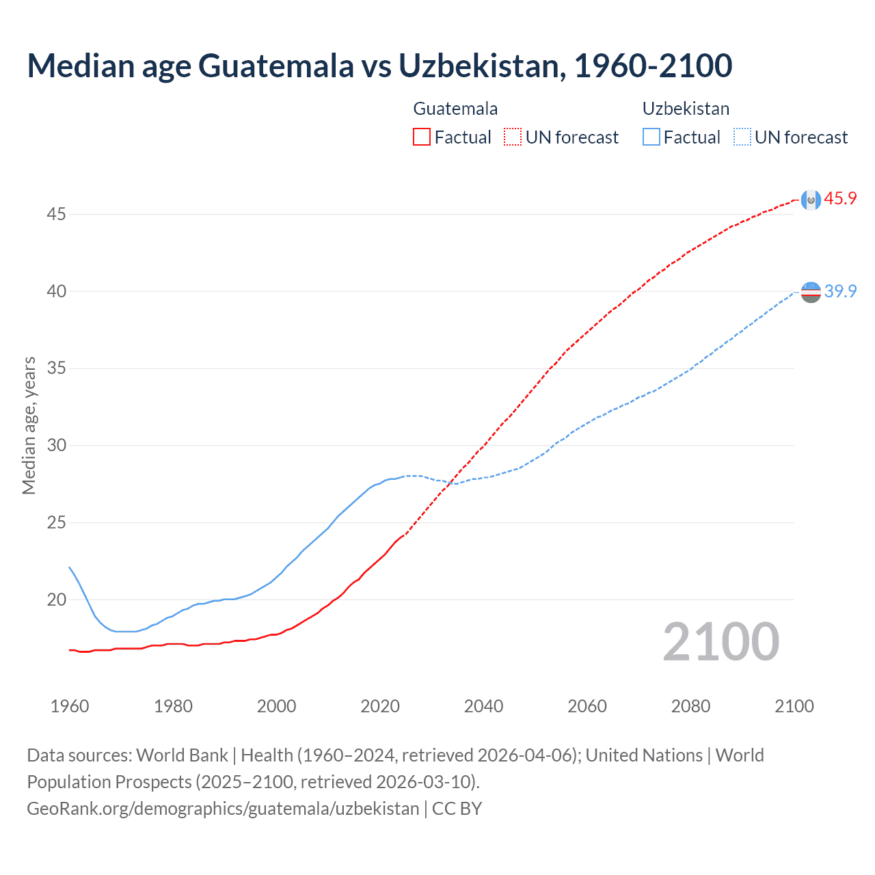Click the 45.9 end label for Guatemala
[x=840, y=199]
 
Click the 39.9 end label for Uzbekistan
[x=840, y=291]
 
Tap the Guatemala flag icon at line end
[x=811, y=200]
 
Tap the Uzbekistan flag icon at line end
[x=811, y=292]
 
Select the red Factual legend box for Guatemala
[x=422, y=137]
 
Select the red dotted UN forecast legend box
[x=513, y=137]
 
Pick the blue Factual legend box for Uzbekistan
[x=651, y=137]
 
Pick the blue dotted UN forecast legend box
[x=742, y=137]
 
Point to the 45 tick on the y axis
[x=56, y=215]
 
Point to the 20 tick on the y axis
[x=56, y=600]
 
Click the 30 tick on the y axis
[x=56, y=446]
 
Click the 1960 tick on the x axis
[x=70, y=706]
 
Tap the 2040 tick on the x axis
[x=483, y=706]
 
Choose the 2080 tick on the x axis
[x=690, y=706]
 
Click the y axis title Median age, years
[x=29, y=425]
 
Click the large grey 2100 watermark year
[x=721, y=642]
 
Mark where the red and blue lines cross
[x=449, y=483]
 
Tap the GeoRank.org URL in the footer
[x=223, y=809]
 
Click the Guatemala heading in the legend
[x=455, y=109]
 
